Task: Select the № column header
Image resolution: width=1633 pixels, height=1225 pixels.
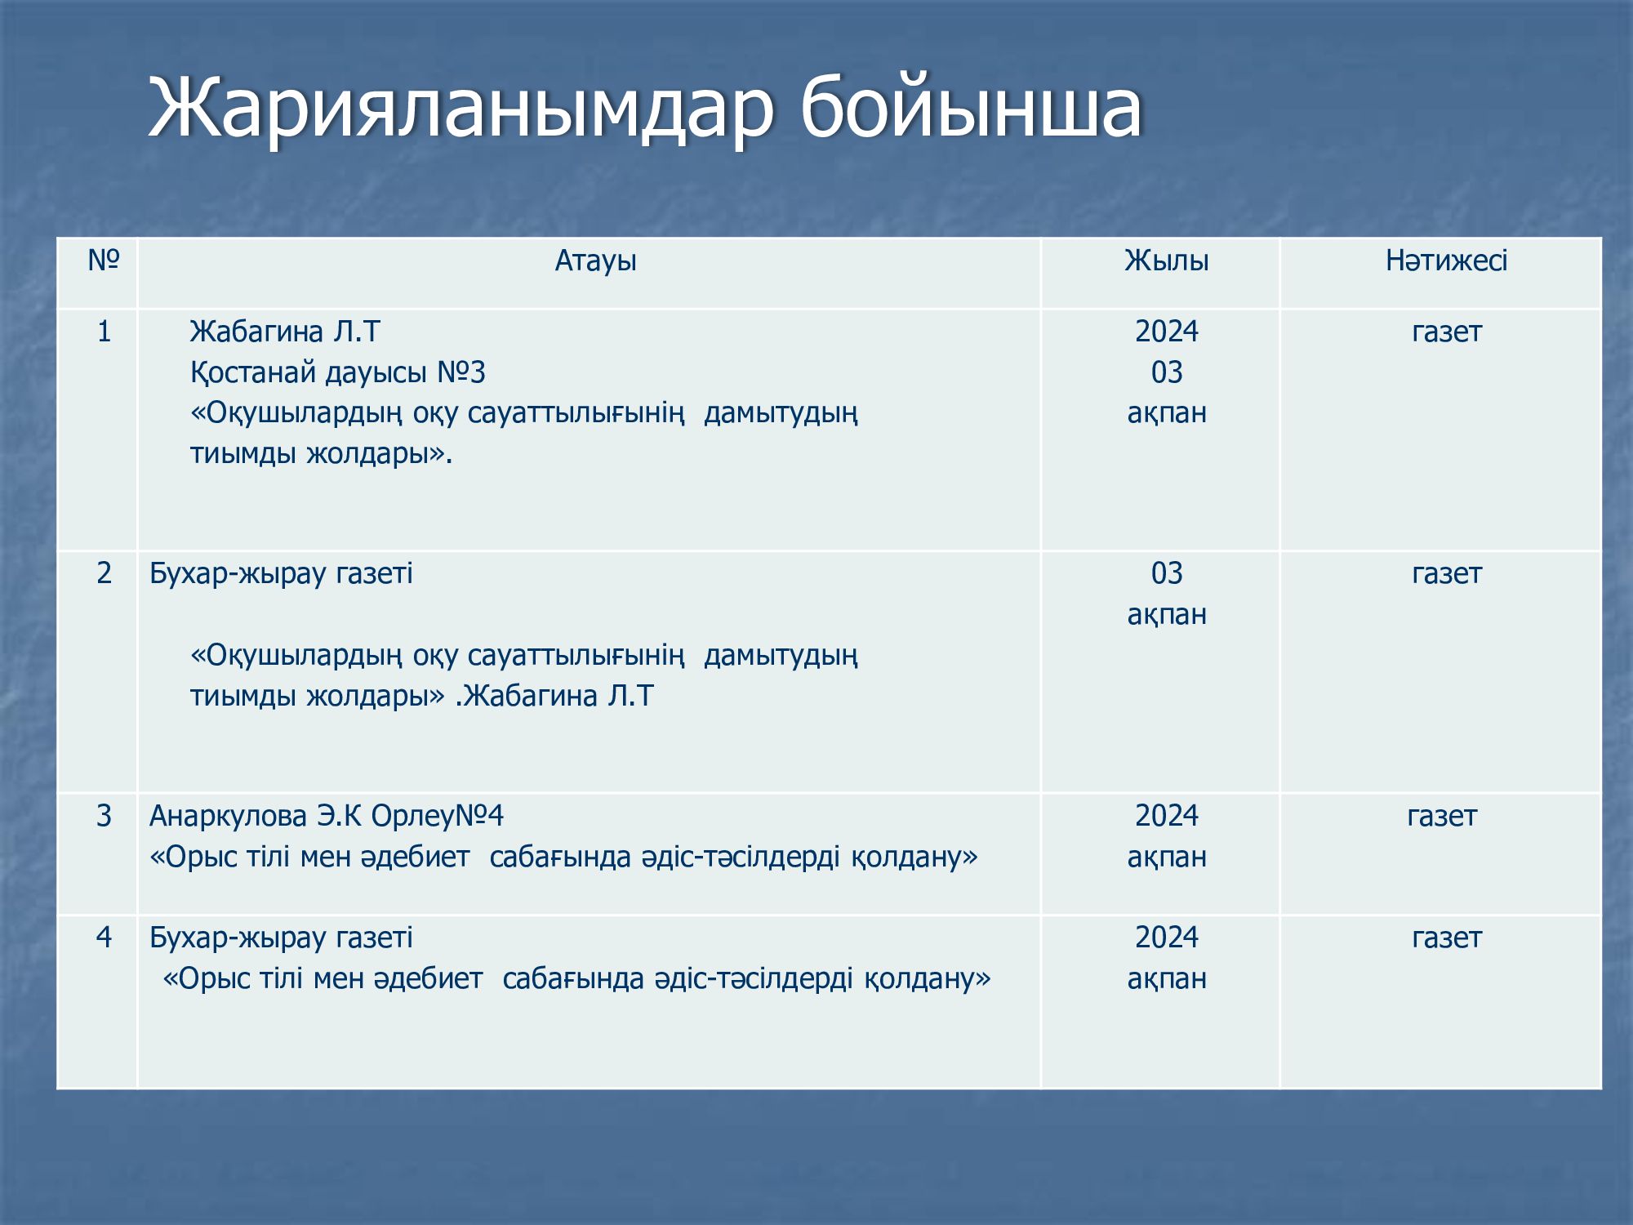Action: [104, 261]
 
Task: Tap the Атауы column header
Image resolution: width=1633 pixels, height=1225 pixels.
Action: [595, 261]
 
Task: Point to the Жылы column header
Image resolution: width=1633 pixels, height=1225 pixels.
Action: [1167, 261]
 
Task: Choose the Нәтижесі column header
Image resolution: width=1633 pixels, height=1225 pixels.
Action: [1446, 261]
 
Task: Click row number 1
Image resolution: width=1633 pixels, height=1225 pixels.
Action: [104, 332]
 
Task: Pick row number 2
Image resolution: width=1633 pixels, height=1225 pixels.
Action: [104, 573]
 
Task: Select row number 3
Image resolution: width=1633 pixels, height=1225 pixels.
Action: [104, 816]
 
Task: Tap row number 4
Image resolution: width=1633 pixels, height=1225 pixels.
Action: [104, 937]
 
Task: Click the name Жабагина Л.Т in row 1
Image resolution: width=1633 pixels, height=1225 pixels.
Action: [285, 332]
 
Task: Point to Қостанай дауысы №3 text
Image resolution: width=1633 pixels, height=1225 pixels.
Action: [337, 373]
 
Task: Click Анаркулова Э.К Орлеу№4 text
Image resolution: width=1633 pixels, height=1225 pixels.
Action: [327, 816]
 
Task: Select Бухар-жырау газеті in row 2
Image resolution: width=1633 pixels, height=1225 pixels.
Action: [281, 574]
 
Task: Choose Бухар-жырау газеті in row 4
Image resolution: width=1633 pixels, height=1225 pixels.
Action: [281, 938]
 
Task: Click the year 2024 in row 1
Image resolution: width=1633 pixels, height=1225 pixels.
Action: [1167, 332]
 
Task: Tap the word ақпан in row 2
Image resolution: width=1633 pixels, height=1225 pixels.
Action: [1167, 615]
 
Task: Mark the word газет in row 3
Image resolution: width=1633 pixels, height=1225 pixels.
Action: [1442, 817]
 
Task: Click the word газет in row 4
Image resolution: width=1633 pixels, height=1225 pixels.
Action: [1446, 938]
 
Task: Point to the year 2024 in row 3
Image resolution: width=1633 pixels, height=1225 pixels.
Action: [1167, 816]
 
